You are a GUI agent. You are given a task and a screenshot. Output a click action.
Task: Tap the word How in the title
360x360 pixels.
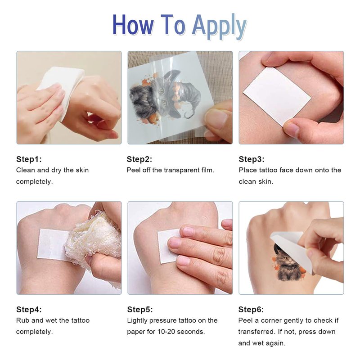coord(133,25)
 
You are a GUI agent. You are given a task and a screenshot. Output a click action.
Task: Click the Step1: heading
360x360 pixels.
coord(29,159)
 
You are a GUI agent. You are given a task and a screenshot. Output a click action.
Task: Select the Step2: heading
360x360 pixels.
coord(139,159)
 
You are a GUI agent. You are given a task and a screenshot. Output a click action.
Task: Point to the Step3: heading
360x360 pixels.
coord(252,159)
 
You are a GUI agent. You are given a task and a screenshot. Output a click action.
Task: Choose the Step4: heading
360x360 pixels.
coord(29,309)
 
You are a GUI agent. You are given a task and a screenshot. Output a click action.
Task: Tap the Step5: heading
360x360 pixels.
coord(140,309)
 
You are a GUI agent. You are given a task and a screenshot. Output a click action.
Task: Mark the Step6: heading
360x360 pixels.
coord(251,309)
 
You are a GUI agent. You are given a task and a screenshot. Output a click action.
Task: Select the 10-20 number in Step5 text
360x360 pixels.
coord(166,332)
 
